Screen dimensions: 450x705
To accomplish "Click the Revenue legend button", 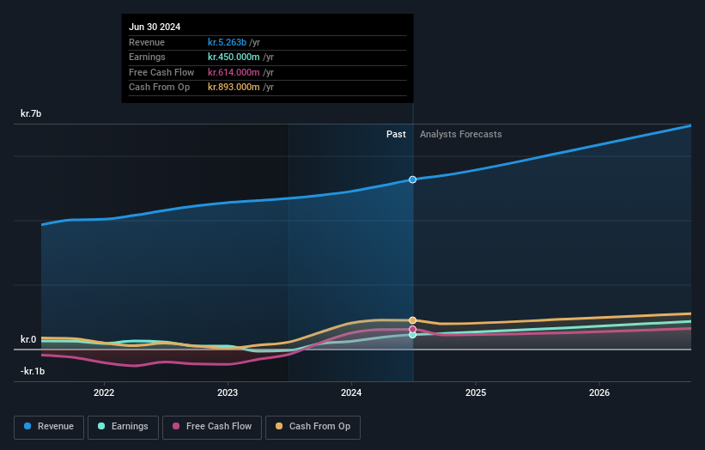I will pos(49,427).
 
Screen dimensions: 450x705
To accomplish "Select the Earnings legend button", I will pos(123,427).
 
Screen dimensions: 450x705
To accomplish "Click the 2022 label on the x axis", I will pos(104,393).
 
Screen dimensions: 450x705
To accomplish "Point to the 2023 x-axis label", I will pos(228,393).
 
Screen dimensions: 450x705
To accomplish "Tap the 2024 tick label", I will pos(351,393).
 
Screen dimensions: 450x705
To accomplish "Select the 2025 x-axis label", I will pos(476,393).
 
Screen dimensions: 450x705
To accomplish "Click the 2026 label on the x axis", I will pos(599,393).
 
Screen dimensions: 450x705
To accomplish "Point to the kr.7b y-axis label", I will pos(32,113).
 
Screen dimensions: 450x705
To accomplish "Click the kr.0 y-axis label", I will pos(28,339).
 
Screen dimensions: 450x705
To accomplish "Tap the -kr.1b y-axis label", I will pos(33,371).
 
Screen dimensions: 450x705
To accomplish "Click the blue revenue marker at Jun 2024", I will pos(413,179).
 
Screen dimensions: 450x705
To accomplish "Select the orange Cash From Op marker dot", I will pos(413,320).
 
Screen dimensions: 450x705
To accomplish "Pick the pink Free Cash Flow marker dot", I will pos(413,329).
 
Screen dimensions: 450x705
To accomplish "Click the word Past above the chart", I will pos(396,134).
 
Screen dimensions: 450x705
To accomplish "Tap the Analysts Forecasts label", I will pos(460,134).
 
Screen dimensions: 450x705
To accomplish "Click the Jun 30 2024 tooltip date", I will pos(155,27).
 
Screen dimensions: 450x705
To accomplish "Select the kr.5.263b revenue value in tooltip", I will pos(227,42).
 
